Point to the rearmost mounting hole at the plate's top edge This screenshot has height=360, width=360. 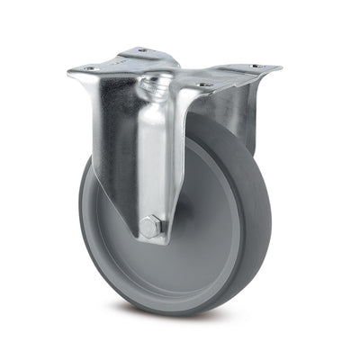(x=142, y=50)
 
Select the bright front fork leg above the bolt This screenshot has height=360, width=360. (x=150, y=162)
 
